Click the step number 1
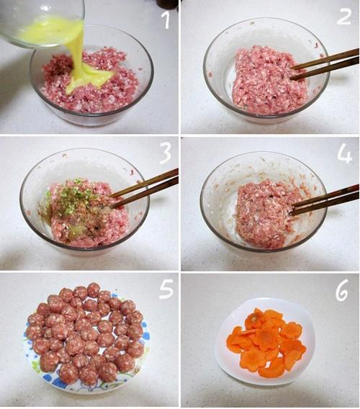(x=166, y=20)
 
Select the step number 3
(x=165, y=154)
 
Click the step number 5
(x=166, y=289)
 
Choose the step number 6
(x=342, y=290)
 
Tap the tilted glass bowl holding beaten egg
(x=42, y=24)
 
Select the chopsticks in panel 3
(x=145, y=187)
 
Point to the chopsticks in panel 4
(x=325, y=199)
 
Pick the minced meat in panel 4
(x=266, y=214)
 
